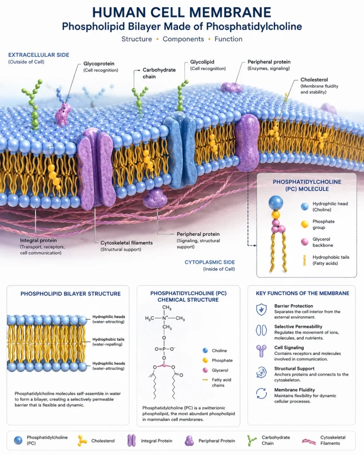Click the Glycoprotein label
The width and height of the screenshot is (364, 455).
(x=99, y=64)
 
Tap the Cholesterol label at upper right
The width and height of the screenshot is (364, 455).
(x=314, y=80)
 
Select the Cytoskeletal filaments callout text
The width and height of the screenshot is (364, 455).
(x=127, y=243)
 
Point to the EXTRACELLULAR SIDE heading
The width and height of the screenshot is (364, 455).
(x=39, y=55)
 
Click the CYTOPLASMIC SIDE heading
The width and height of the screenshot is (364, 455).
(x=210, y=262)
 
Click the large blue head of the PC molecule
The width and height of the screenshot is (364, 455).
(x=276, y=203)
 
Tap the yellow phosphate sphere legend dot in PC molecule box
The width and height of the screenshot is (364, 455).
(x=304, y=224)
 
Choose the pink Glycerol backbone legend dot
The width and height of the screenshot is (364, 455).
(x=304, y=242)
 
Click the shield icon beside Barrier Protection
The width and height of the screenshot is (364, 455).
(x=261, y=310)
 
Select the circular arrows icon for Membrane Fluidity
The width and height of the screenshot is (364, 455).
(x=261, y=394)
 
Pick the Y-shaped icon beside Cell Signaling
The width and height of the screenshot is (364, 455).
(x=261, y=351)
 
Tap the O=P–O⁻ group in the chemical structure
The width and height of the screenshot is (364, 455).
(x=164, y=349)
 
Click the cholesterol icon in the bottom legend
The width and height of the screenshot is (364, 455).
(x=82, y=441)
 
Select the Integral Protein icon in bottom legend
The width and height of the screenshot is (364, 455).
(x=132, y=440)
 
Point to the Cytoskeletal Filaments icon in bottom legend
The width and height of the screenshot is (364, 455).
(x=309, y=442)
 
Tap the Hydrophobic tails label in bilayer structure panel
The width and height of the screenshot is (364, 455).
(x=108, y=339)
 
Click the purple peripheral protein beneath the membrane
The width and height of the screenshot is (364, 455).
(x=155, y=198)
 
